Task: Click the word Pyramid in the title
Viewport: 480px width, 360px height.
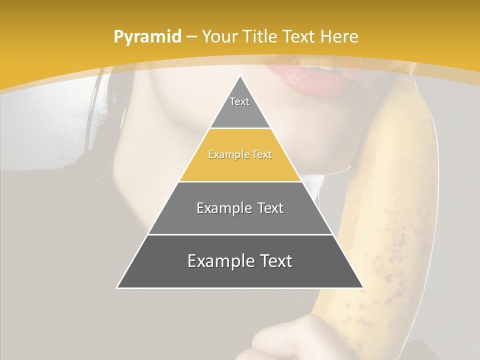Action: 147,37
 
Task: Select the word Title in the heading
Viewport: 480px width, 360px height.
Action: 260,36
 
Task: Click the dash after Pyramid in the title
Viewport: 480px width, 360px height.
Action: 191,37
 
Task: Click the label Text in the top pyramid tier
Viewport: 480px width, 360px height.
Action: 239,101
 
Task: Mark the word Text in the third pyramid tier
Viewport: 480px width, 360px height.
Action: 270,208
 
